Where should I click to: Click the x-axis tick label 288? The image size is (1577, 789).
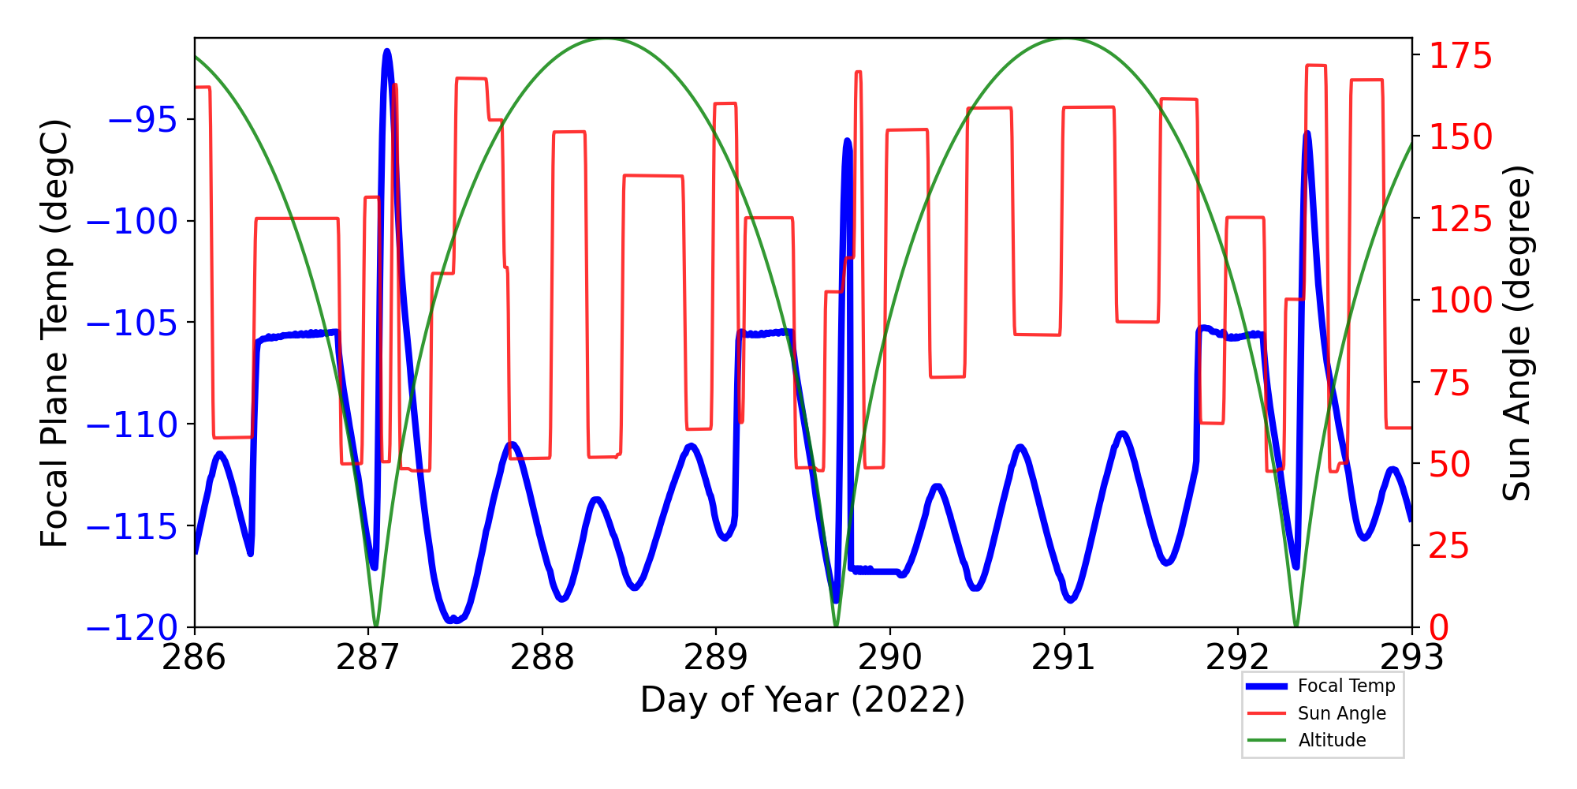542,658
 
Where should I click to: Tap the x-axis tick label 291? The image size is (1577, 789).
1064,658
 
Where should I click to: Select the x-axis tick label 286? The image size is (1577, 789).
194,658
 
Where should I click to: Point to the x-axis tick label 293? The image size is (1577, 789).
1411,658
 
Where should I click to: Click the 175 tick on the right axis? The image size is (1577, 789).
1461,57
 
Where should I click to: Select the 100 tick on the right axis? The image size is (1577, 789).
1461,301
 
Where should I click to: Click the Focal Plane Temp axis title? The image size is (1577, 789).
55,333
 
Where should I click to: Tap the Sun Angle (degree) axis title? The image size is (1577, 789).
1515,333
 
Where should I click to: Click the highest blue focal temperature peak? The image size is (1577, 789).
386,52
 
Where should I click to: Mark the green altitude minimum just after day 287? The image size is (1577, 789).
376,626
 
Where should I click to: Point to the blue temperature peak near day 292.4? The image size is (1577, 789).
1307,134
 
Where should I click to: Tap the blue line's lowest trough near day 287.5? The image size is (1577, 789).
453,620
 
